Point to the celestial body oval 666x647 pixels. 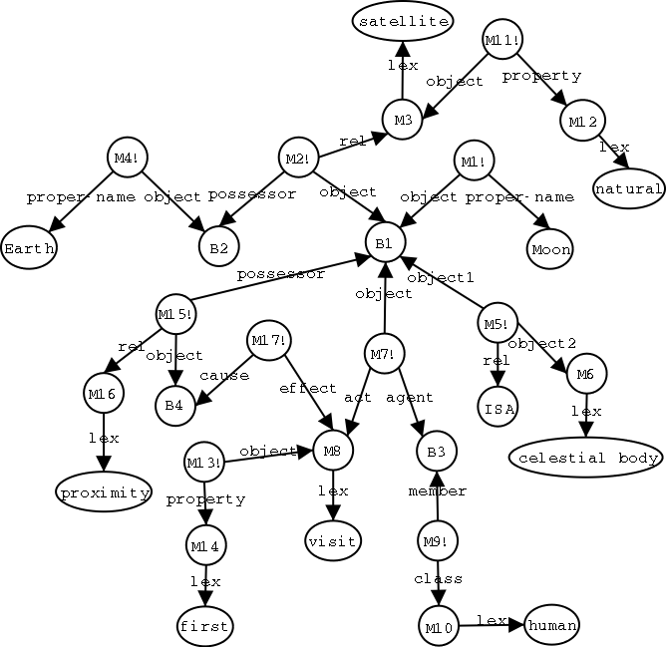click(x=585, y=458)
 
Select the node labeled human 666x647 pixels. click(x=551, y=623)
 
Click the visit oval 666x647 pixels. click(x=333, y=540)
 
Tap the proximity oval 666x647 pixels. click(x=103, y=491)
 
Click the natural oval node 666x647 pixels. click(x=628, y=188)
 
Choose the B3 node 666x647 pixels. click(x=436, y=452)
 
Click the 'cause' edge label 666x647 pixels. click(x=216, y=376)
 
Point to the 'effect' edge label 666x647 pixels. click(x=300, y=388)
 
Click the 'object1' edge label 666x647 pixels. click(x=441, y=277)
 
